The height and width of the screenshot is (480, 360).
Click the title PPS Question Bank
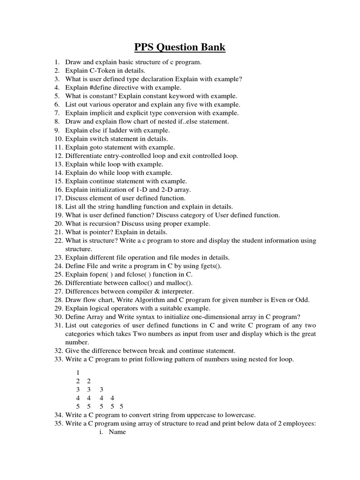[x=180, y=47]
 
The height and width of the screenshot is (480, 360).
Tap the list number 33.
[x=58, y=360]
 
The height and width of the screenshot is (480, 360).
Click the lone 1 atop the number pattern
[x=78, y=372]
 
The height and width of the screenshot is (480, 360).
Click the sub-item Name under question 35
[x=117, y=432]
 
